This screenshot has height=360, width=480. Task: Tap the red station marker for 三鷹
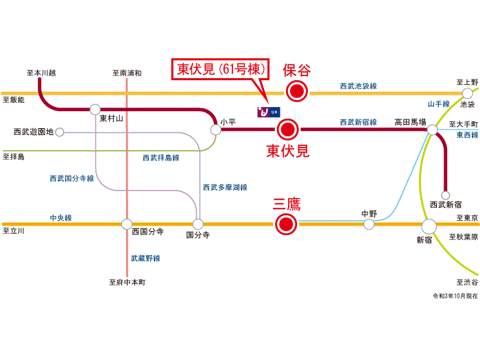pyautogui.click(x=285, y=224)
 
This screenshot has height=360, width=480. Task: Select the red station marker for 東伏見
pyautogui.click(x=288, y=128)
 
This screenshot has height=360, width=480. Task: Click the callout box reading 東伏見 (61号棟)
pyautogui.click(x=224, y=70)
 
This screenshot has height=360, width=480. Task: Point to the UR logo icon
pyautogui.click(x=267, y=110)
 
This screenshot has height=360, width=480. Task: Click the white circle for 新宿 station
pyautogui.click(x=429, y=226)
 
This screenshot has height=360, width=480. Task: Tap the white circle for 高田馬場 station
pyautogui.click(x=432, y=130)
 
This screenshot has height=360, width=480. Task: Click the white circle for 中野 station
pyautogui.click(x=370, y=224)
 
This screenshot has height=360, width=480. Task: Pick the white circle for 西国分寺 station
pyautogui.click(x=127, y=224)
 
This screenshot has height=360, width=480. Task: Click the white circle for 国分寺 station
pyautogui.click(x=198, y=224)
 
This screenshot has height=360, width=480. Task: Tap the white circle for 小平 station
pyautogui.click(x=217, y=128)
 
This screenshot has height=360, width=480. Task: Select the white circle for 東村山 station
pyautogui.click(x=95, y=109)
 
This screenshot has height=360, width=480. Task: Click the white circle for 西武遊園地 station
pyautogui.click(x=60, y=131)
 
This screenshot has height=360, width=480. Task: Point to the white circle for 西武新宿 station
pyautogui.click(x=446, y=194)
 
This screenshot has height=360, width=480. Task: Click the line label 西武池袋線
pyautogui.click(x=358, y=86)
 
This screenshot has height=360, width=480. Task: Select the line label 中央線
pyautogui.click(x=60, y=217)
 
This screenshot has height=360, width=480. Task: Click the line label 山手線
pyautogui.click(x=438, y=104)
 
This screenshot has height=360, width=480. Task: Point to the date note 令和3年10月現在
pyautogui.click(x=453, y=296)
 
